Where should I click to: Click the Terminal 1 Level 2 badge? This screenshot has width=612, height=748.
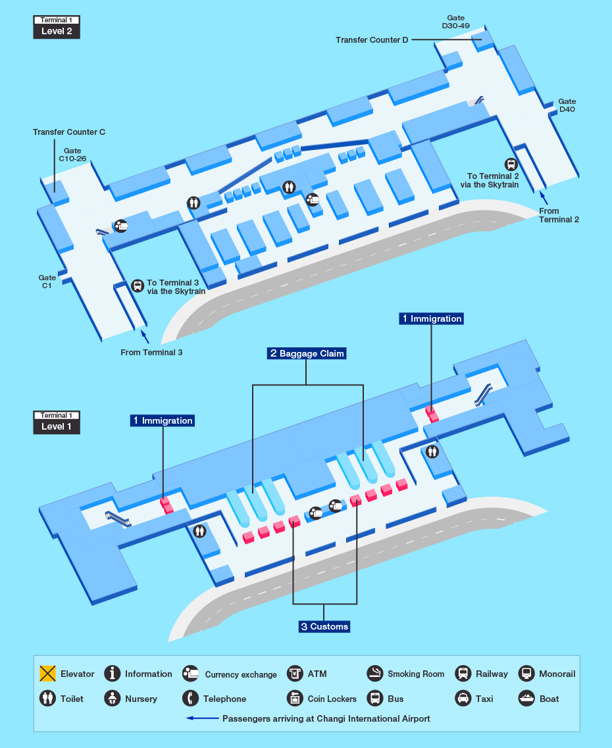(x=57, y=27)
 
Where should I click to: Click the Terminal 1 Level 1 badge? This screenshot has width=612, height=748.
(x=57, y=422)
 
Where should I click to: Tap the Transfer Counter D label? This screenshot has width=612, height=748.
(x=372, y=40)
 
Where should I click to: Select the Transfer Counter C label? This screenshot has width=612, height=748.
(x=69, y=132)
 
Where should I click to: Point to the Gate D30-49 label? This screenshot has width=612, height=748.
(x=455, y=22)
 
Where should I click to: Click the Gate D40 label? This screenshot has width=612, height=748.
(x=567, y=105)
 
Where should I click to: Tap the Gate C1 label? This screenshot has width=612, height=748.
(x=47, y=282)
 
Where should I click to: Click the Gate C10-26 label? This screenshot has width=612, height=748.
(x=72, y=155)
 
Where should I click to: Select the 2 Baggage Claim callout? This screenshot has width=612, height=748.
(x=306, y=353)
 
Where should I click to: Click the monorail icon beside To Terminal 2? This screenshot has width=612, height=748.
(x=511, y=164)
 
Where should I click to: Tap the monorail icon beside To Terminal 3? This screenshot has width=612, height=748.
(x=138, y=286)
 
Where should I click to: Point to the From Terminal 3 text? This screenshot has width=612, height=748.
(x=151, y=353)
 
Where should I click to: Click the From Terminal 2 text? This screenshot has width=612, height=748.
(x=559, y=215)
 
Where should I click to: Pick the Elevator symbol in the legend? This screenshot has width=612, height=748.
(x=47, y=674)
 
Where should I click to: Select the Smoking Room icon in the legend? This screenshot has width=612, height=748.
(x=375, y=673)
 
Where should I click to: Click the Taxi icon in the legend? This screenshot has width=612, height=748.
(x=463, y=698)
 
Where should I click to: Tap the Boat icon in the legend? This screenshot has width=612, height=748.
(x=527, y=698)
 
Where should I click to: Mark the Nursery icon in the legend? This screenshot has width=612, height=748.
(x=113, y=698)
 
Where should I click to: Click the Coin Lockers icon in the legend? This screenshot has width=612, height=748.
(x=295, y=698)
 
